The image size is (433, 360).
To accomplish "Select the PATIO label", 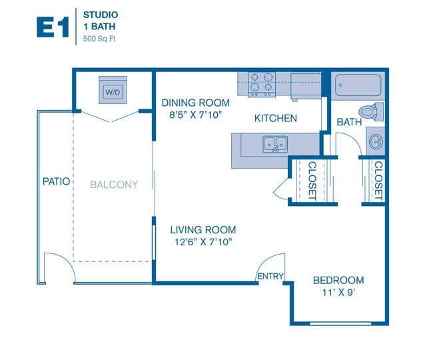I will pos(56,181).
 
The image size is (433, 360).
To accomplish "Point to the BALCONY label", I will pos(114,185).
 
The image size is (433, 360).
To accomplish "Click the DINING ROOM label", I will pos(195,103).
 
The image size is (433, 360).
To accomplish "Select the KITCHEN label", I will pos(275,118).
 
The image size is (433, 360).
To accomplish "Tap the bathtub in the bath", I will pos(358,85).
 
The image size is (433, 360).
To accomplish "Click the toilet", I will pos(368,111).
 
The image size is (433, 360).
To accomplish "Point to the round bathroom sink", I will pos(376,141).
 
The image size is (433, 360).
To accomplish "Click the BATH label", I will pos(348,122).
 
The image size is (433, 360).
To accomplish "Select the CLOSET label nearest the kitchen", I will pos(311,181).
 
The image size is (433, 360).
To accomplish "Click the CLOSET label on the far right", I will pos(378,181).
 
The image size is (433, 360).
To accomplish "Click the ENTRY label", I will pos(270,276).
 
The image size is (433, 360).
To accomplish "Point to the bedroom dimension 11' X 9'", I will pos(338,292).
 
